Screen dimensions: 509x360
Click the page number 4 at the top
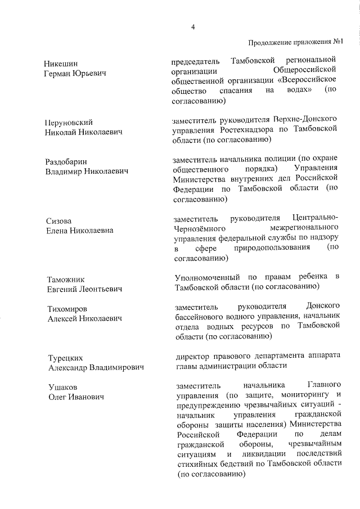coord(193,26)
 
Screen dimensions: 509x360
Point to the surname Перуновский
coord(69,122)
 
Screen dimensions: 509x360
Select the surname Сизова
coord(58,221)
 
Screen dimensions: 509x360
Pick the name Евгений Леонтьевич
coord(84,289)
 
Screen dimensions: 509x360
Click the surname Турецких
coord(65,358)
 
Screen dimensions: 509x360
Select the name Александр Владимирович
coord(95,367)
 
